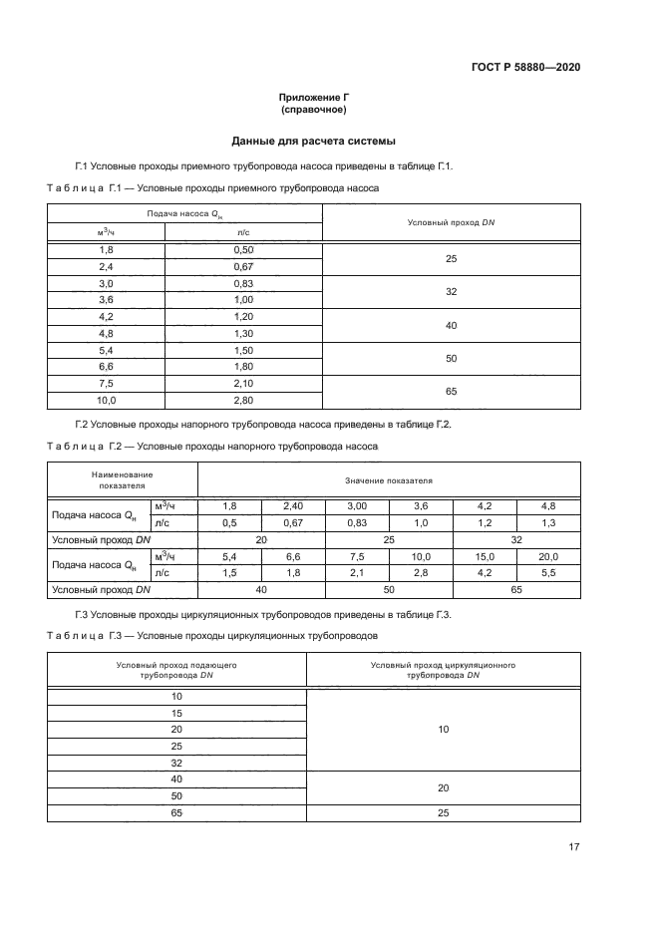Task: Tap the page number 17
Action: pyautogui.click(x=574, y=847)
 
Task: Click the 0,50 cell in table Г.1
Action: pyautogui.click(x=243, y=249)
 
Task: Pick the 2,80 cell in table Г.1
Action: pyautogui.click(x=243, y=401)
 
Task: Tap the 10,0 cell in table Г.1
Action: pyautogui.click(x=107, y=401)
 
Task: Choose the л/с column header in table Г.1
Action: pyautogui.click(x=243, y=231)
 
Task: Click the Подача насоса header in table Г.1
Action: pyautogui.click(x=185, y=214)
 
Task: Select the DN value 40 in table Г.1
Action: pyautogui.click(x=451, y=325)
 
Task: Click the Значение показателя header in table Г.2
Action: pyautogui.click(x=388, y=479)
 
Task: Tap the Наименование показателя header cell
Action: pyautogui.click(x=122, y=479)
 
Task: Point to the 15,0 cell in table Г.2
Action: pyautogui.click(x=485, y=556)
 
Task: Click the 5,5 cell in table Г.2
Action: pyautogui.click(x=547, y=573)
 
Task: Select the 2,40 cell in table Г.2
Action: pyautogui.click(x=293, y=505)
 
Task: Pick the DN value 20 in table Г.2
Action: pyautogui.click(x=261, y=539)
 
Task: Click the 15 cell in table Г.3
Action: pyautogui.click(x=177, y=713)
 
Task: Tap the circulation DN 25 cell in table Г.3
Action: pyautogui.click(x=444, y=813)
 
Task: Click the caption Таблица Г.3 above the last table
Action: pyautogui.click(x=84, y=634)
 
